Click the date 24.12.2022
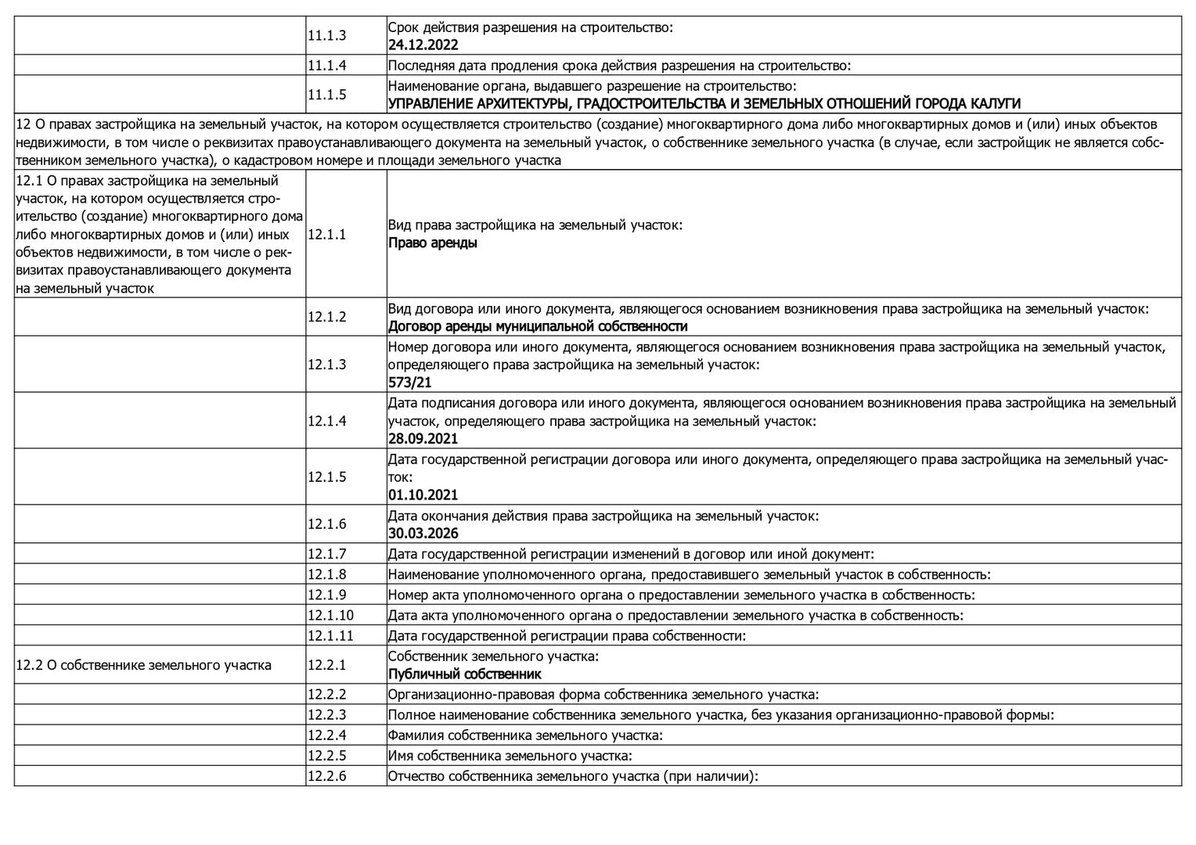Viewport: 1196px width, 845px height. coord(423,45)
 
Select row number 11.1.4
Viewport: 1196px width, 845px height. coord(326,66)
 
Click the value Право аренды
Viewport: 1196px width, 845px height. coord(432,243)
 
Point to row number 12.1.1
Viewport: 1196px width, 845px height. coord(326,234)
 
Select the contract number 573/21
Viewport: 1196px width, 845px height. coord(409,383)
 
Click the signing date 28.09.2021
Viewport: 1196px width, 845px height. coord(423,439)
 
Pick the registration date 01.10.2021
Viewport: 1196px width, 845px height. coord(423,495)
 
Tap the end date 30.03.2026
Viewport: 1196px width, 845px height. coord(423,534)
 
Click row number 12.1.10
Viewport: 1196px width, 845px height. coord(330,615)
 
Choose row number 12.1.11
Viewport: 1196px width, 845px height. coord(330,635)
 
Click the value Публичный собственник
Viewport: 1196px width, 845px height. coord(464,674)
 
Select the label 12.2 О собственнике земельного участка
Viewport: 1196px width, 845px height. coord(143,665)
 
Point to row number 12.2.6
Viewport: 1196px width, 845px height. coord(326,776)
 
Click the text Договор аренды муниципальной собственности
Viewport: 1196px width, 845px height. coord(538,326)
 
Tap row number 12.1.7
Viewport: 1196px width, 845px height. coord(326,554)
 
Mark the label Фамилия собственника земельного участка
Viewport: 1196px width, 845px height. coord(525,735)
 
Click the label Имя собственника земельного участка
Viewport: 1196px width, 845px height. coord(510,756)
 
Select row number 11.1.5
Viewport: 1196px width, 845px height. coord(326,95)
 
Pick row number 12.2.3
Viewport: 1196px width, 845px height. coord(326,715)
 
